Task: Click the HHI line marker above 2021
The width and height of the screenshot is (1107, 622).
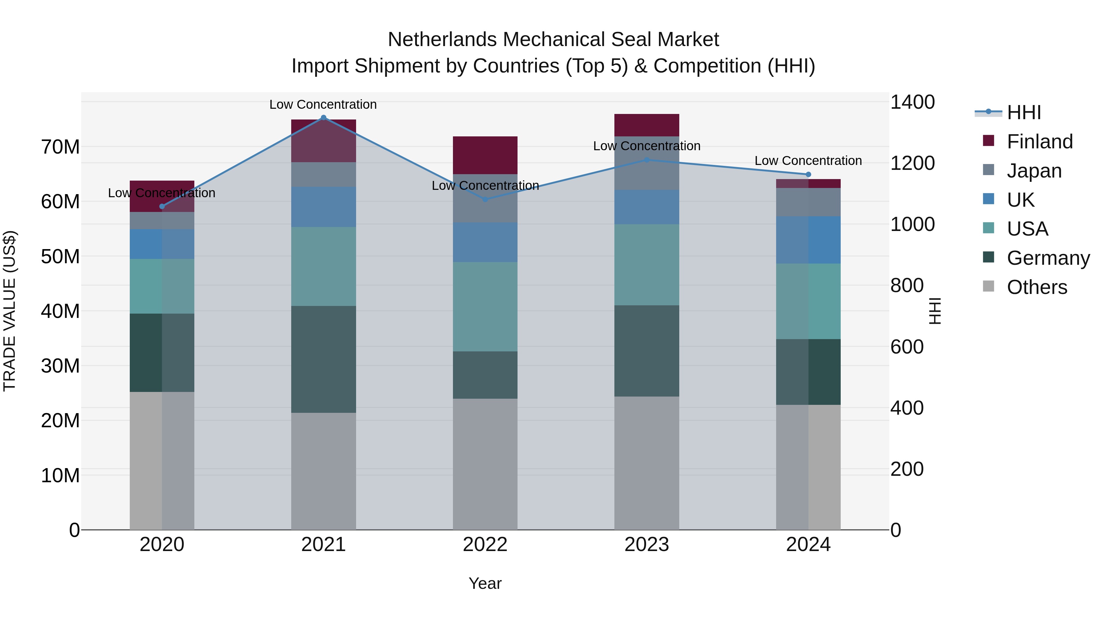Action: coord(323,118)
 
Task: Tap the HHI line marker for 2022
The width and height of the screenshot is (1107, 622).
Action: coord(485,199)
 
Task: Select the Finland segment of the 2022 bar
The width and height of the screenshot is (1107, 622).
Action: coord(485,155)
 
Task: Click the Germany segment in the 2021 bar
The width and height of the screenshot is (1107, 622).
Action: coord(323,359)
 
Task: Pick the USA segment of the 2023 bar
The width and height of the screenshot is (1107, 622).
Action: coord(647,264)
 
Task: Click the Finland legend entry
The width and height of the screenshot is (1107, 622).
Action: coord(1040,142)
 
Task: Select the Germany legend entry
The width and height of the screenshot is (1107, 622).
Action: coord(1048,258)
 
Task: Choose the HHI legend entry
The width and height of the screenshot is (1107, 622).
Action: coord(1024,112)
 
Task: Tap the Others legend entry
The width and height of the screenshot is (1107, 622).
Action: coord(1037,287)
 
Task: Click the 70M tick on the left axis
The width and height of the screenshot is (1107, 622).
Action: coord(60,147)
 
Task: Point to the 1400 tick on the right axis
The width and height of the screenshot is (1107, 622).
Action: coord(912,102)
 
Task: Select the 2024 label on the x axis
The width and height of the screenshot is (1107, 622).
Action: coord(808,545)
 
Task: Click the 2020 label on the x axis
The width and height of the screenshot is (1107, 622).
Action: coord(162,545)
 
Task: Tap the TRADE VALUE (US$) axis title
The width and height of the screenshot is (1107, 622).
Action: coord(10,311)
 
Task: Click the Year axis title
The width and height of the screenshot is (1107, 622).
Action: coord(485,583)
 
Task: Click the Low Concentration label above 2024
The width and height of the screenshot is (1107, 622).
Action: coord(808,161)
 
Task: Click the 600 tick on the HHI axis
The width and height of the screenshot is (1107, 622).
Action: coord(907,346)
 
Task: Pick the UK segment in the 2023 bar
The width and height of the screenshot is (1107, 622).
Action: coord(647,207)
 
